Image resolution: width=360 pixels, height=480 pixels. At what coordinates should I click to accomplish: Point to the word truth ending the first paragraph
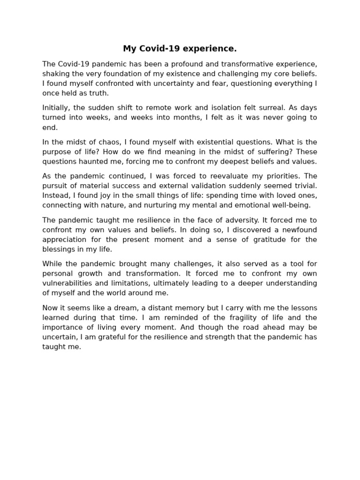98,93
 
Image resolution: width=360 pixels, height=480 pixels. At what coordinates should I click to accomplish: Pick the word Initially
57,108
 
